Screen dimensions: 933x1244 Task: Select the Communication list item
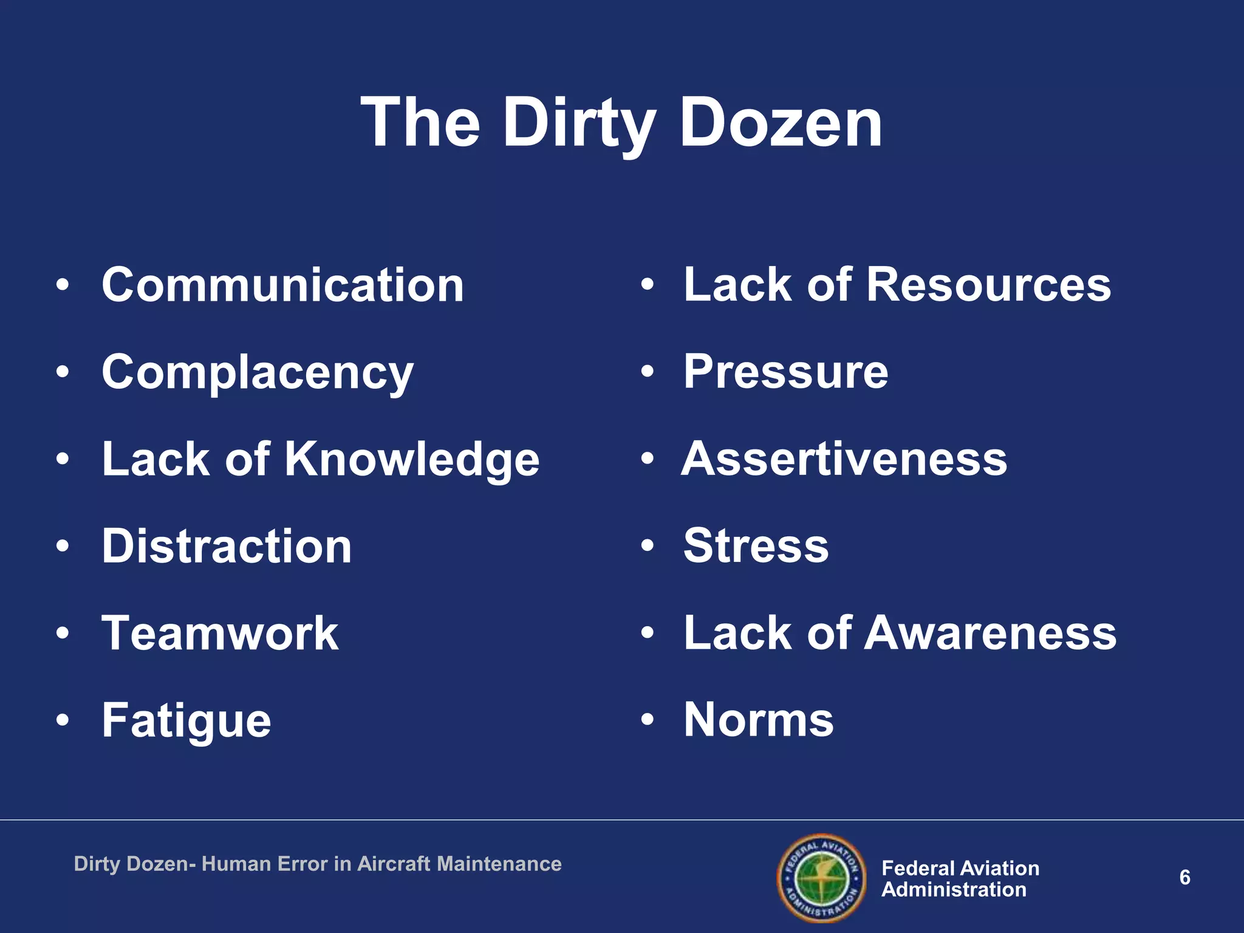[x=282, y=285]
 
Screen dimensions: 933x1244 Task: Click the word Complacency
[x=258, y=373]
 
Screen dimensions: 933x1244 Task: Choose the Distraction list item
[x=227, y=546]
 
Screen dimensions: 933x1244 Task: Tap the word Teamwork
[x=220, y=634]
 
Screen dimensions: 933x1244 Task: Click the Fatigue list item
[x=186, y=721]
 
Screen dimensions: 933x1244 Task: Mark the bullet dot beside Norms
[x=648, y=720]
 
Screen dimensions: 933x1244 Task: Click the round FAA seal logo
[x=822, y=878]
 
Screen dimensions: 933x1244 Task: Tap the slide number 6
[x=1184, y=878]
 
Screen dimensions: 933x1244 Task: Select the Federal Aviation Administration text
[x=960, y=879]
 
